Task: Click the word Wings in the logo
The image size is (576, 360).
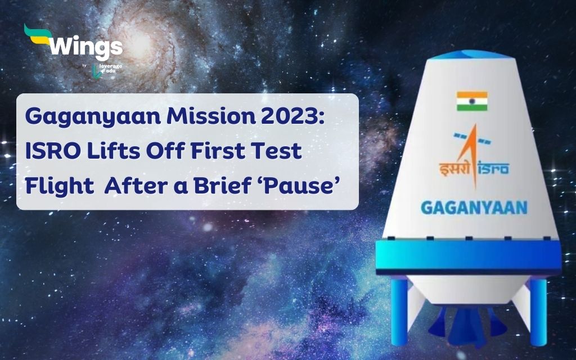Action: [86, 46]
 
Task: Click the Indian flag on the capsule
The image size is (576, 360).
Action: [472, 101]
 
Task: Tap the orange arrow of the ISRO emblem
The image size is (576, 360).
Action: [472, 154]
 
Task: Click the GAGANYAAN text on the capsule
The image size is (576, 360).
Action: [474, 208]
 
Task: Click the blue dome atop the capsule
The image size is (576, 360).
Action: [471, 55]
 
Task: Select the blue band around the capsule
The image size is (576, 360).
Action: [468, 256]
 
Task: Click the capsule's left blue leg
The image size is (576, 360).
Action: [399, 310]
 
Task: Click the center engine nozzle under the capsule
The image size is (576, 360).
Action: [469, 327]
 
